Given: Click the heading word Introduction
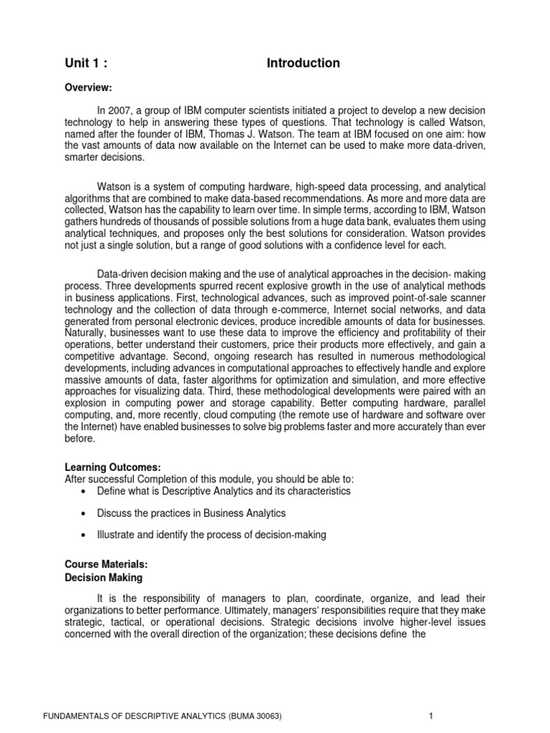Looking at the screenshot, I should [x=303, y=63].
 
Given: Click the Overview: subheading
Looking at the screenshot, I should [x=89, y=87].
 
